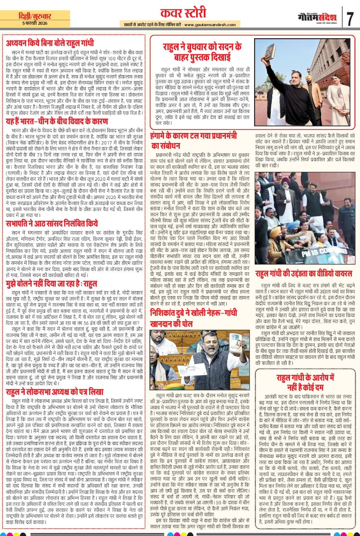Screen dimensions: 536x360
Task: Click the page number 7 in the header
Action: click(x=350, y=19)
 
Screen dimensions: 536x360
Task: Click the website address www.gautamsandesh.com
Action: click(x=210, y=24)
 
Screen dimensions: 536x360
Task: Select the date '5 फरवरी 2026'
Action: click(x=35, y=23)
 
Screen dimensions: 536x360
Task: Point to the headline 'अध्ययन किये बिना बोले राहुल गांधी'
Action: click(x=50, y=43)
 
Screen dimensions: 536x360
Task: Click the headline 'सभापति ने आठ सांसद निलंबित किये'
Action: click(x=52, y=223)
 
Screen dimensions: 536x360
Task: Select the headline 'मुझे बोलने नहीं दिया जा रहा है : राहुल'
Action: click(x=52, y=284)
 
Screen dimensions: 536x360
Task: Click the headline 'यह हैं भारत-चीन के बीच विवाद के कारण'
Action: click(x=57, y=121)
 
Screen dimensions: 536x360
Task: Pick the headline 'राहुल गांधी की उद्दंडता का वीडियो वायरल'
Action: click(x=304, y=274)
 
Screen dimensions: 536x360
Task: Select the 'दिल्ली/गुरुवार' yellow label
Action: click(x=35, y=16)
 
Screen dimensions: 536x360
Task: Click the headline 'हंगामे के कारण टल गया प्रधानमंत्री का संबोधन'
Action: click(x=194, y=141)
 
